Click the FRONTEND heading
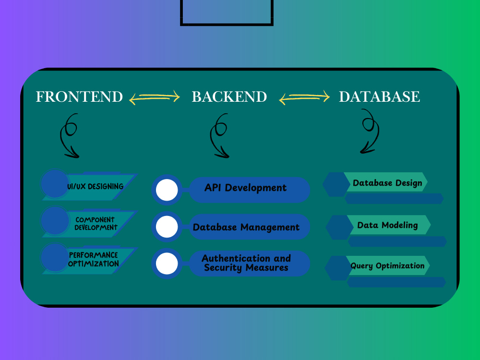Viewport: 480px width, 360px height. (79, 97)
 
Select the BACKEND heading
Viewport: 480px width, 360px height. (229, 97)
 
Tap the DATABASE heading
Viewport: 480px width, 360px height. (379, 97)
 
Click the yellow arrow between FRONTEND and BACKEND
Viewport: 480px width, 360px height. (154, 97)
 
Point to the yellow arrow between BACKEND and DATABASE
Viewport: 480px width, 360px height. (304, 97)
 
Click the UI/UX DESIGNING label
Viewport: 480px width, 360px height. (95, 186)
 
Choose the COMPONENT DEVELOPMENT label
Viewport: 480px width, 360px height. (96, 224)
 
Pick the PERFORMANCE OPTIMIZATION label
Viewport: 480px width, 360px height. (94, 259)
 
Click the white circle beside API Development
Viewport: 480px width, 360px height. (167, 190)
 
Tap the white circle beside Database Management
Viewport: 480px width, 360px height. (167, 227)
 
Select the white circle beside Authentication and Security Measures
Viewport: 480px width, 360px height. (167, 263)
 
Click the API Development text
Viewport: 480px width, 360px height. (245, 188)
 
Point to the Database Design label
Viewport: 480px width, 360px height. (387, 183)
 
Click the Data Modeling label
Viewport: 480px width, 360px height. (387, 225)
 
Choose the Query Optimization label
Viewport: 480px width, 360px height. (387, 266)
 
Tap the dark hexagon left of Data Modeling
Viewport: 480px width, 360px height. (339, 227)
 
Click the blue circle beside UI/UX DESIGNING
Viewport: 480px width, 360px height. (55, 184)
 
